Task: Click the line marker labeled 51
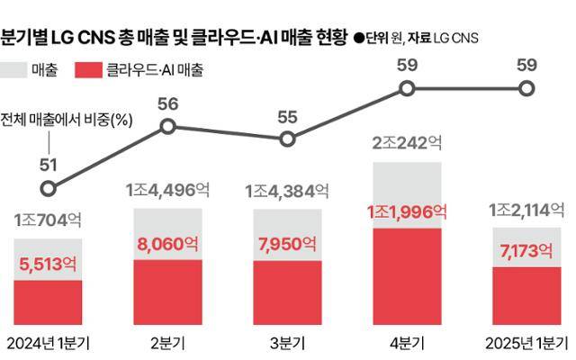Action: point(49,189)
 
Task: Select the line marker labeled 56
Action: point(167,127)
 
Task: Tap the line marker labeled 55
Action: point(287,139)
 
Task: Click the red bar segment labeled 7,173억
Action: point(526,292)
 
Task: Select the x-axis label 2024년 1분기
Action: point(49,343)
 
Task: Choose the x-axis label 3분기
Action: point(287,343)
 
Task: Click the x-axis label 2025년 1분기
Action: point(526,343)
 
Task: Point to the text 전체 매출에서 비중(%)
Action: point(67,120)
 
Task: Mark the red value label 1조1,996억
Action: point(407,212)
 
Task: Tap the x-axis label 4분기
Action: point(407,343)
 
